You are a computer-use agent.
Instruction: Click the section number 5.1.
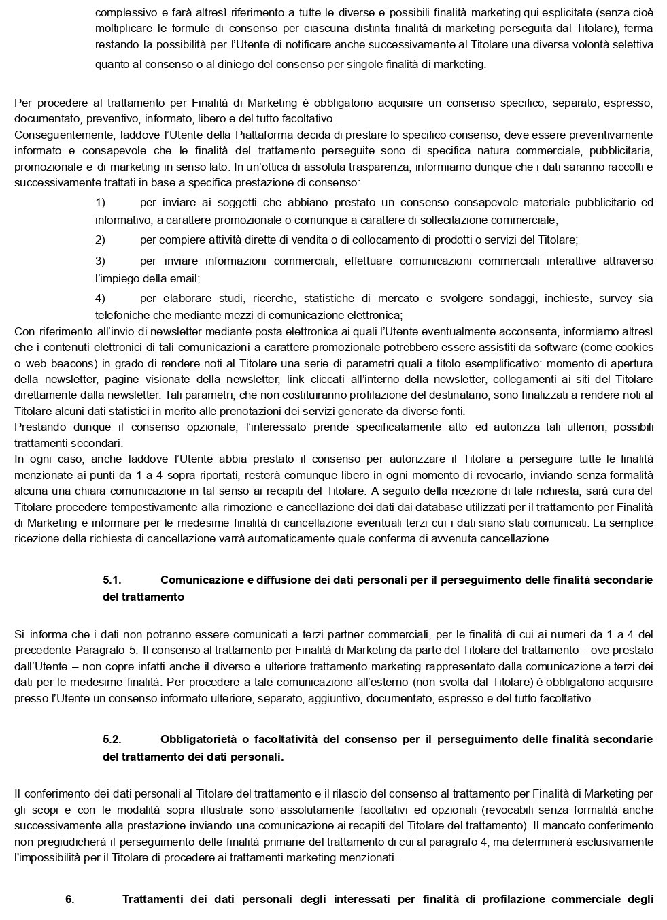pyautogui.click(x=112, y=580)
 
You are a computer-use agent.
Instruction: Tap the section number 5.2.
pyautogui.click(x=112, y=739)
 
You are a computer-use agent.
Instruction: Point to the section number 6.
pyautogui.click(x=70, y=899)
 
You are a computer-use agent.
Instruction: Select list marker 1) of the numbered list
pyautogui.click(x=100, y=202)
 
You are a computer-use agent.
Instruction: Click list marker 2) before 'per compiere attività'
pyautogui.click(x=100, y=240)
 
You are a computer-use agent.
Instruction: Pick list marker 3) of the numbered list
pyautogui.click(x=100, y=261)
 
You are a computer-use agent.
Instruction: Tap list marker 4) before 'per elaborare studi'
pyautogui.click(x=100, y=298)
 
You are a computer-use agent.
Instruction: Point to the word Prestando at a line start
pyautogui.click(x=40, y=427)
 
